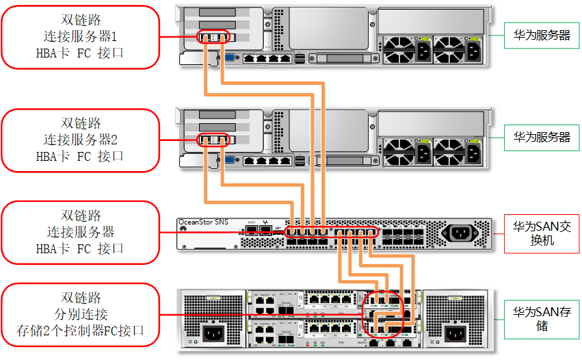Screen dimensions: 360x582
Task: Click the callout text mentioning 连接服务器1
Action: [80, 36]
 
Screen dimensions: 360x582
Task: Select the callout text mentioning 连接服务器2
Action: [80, 140]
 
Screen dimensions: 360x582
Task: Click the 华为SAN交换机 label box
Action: [542, 233]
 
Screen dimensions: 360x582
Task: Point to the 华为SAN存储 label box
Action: [542, 318]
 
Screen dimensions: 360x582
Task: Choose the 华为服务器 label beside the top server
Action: [542, 35]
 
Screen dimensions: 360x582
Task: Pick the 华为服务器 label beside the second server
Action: [542, 137]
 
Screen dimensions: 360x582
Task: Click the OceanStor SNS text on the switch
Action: [203, 222]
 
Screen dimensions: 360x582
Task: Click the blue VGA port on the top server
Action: [230, 59]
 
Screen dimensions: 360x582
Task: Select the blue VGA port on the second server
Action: [230, 162]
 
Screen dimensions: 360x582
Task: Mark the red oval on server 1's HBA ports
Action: [213, 37]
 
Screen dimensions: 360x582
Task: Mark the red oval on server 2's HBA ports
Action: [213, 140]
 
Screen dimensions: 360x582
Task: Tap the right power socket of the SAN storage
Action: [454, 335]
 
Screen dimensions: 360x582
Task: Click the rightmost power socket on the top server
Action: [473, 50]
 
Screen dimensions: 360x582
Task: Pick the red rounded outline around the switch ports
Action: [331, 233]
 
